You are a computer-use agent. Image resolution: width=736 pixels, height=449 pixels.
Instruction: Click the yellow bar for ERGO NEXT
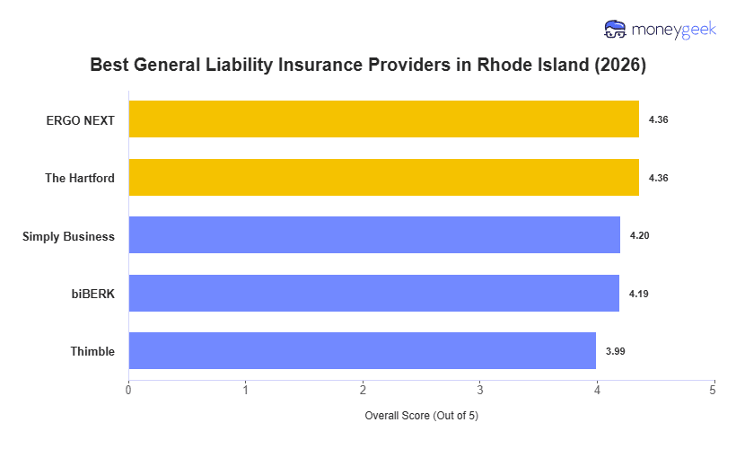[383, 119]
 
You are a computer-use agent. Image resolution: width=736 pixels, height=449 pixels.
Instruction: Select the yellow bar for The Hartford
[383, 178]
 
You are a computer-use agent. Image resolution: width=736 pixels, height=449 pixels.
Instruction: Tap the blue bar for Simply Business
[374, 235]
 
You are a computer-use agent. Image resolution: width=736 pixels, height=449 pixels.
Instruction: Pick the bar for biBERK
[373, 294]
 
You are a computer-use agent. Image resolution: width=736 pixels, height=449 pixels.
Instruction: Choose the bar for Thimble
[362, 351]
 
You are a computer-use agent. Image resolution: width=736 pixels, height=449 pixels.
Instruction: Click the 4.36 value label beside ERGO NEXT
[658, 119]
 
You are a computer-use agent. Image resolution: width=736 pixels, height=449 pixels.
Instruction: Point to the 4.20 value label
[639, 235]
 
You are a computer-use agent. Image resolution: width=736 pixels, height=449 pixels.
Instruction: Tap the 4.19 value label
[638, 294]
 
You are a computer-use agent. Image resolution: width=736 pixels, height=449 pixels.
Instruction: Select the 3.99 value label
[615, 351]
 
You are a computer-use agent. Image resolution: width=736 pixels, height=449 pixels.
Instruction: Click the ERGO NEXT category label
[81, 120]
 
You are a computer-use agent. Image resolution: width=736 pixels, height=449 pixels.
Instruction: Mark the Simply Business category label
[69, 236]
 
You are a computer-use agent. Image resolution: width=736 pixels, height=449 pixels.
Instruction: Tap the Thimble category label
[92, 352]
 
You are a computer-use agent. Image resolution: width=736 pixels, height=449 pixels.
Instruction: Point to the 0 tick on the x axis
[128, 390]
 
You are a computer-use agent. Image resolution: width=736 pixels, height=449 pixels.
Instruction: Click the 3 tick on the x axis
[479, 390]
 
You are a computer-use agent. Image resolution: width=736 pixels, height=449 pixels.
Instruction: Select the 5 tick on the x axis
[713, 390]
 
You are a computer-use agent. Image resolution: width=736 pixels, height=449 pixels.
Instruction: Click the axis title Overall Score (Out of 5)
[422, 417]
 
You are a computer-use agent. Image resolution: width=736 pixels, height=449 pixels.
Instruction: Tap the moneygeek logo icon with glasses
[615, 30]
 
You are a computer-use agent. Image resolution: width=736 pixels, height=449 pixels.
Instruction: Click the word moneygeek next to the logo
[673, 30]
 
